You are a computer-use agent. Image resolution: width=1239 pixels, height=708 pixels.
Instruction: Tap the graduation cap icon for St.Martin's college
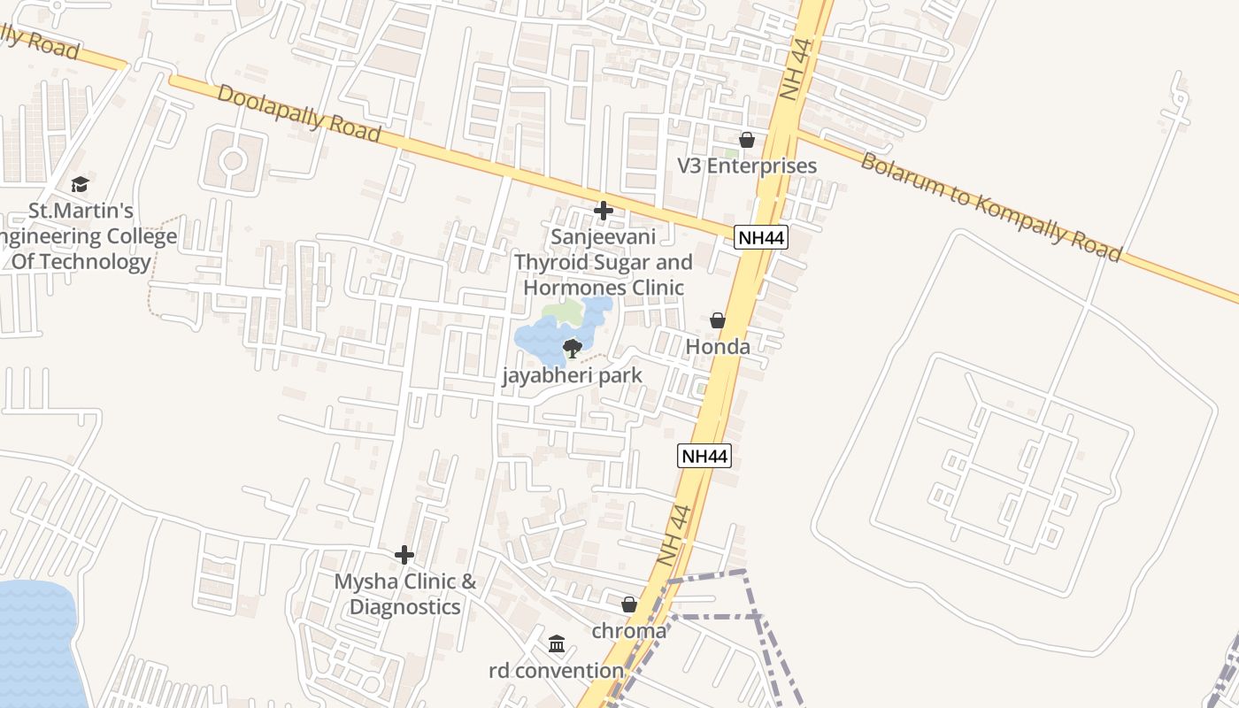click(x=81, y=185)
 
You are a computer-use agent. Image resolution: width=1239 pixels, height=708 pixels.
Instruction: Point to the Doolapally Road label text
click(x=298, y=112)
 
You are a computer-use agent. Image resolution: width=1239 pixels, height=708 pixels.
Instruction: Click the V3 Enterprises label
click(x=747, y=165)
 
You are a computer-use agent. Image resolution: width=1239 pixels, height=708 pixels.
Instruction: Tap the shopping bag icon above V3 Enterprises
click(x=747, y=140)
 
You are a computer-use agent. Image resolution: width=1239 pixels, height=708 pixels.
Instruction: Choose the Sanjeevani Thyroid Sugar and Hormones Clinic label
click(x=604, y=262)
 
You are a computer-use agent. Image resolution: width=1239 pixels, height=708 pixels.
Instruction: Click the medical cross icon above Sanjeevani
click(x=604, y=211)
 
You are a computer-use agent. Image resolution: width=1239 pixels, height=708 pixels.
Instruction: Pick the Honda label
click(x=718, y=346)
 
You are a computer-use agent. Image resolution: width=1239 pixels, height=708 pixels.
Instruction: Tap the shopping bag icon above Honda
click(x=718, y=320)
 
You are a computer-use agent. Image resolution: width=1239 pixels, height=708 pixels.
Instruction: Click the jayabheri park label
click(x=572, y=375)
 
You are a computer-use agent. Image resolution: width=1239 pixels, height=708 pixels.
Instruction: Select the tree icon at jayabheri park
click(x=572, y=348)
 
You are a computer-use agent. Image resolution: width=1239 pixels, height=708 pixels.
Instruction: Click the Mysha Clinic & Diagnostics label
click(x=404, y=594)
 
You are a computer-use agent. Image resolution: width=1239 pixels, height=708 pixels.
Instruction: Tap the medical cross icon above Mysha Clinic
click(x=404, y=555)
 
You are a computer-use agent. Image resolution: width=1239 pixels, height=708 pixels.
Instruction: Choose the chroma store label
click(x=628, y=631)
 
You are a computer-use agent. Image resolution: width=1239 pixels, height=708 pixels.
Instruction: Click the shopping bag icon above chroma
click(x=628, y=605)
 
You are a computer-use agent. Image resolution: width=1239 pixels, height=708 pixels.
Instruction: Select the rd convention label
click(x=557, y=670)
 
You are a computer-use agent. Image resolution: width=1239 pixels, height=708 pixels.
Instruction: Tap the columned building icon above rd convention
click(x=557, y=643)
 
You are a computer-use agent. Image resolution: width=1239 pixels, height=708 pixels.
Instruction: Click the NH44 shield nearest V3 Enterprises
click(x=760, y=237)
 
